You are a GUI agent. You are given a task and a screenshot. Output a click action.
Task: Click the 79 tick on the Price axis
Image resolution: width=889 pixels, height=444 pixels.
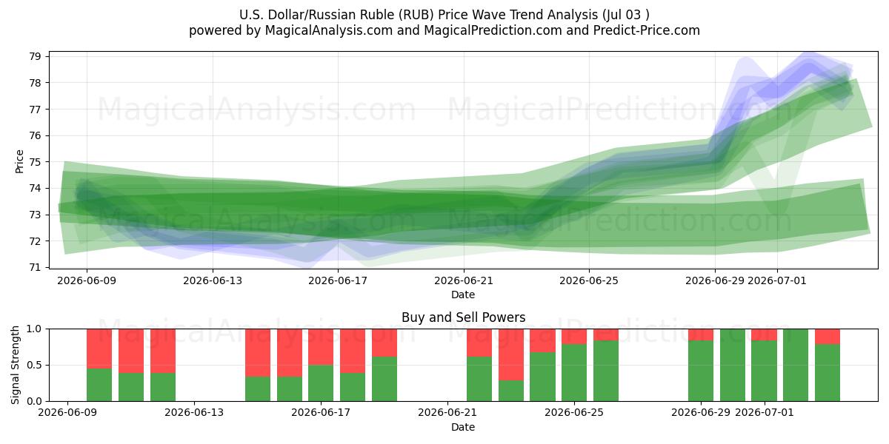click(x=36, y=56)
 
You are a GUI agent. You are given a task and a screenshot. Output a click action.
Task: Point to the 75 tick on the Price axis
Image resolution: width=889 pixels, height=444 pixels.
click(x=36, y=162)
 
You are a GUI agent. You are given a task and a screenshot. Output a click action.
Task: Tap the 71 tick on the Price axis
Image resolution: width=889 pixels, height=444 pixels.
click(x=36, y=267)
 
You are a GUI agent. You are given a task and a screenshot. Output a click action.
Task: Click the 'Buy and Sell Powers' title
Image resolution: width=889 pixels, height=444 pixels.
click(x=463, y=317)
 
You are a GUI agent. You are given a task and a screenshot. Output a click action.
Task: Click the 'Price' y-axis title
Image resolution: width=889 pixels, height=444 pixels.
click(x=19, y=161)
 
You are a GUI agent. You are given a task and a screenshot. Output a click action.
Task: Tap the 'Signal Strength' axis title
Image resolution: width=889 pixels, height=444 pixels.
click(x=15, y=365)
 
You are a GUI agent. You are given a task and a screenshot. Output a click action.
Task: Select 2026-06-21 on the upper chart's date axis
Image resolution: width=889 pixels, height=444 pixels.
click(x=464, y=280)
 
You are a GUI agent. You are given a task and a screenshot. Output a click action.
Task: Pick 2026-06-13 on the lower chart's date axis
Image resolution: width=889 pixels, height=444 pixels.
click(x=194, y=412)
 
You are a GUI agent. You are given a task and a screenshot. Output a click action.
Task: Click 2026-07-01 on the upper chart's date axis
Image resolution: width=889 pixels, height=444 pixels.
click(x=776, y=280)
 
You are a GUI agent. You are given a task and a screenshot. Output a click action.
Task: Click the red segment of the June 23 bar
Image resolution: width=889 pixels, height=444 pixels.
click(x=511, y=354)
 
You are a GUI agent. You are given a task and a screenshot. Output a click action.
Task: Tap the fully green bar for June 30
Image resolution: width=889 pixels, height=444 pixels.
click(x=733, y=365)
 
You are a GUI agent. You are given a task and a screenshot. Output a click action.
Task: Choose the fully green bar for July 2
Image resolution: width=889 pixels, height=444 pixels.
click(x=796, y=365)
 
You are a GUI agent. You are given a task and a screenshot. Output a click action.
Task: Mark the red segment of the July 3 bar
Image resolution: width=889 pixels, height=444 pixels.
click(x=828, y=337)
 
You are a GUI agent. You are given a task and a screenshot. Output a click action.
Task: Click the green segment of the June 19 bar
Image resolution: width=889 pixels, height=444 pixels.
click(x=384, y=379)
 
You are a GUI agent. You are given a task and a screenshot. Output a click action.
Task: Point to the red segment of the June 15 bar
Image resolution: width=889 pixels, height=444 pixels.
click(x=258, y=353)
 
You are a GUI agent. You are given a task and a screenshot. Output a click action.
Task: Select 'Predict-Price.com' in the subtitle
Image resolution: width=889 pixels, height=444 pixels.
click(x=647, y=30)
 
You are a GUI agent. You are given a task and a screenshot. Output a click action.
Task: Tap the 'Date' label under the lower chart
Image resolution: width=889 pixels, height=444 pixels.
click(x=463, y=427)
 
